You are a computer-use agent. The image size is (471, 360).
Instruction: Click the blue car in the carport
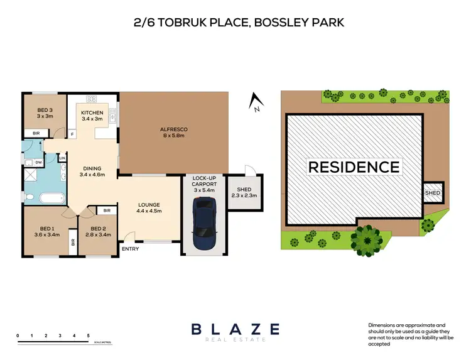coord(203,224)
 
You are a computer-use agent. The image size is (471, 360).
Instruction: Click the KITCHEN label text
coord(92,116)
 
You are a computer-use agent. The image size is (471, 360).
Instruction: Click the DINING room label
coord(92,171)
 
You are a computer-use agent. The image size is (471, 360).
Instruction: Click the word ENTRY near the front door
coord(131,249)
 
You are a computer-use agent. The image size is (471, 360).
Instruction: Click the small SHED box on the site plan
coord(433,193)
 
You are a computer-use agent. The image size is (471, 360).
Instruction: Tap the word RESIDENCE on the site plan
coord(354,167)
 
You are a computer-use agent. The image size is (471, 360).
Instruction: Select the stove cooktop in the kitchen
coord(91,99)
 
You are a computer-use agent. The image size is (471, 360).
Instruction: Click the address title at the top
coord(235,23)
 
